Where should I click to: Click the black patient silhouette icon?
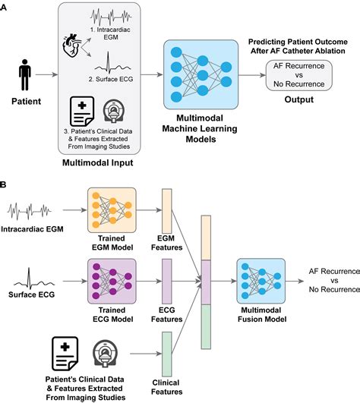click(x=24, y=76)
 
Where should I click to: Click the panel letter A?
click(x=6, y=7)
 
